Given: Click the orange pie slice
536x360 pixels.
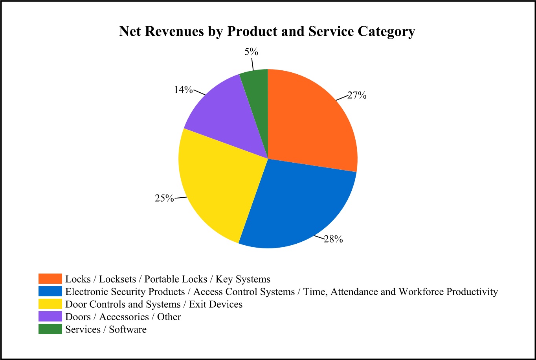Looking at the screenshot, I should (310, 122).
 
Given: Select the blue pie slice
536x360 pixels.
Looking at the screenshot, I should (299, 204).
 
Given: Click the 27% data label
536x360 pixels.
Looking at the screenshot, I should (357, 95).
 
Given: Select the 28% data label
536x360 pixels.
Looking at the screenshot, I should (333, 239).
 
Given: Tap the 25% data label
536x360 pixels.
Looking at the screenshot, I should (164, 198).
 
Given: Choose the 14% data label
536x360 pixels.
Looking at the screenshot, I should (184, 90).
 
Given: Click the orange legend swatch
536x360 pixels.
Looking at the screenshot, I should (50, 279).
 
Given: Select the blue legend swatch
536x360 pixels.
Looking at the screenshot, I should (50, 291).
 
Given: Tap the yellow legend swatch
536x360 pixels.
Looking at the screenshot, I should (50, 304).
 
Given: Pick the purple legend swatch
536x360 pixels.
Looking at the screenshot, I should (50, 316).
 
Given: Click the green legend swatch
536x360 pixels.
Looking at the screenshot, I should (50, 329).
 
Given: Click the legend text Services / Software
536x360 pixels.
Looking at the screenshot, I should (106, 329).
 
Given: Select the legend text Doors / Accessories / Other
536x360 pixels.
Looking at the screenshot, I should (123, 317).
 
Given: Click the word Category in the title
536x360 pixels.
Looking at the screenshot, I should (386, 31).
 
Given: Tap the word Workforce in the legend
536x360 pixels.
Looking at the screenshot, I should (418, 292).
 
